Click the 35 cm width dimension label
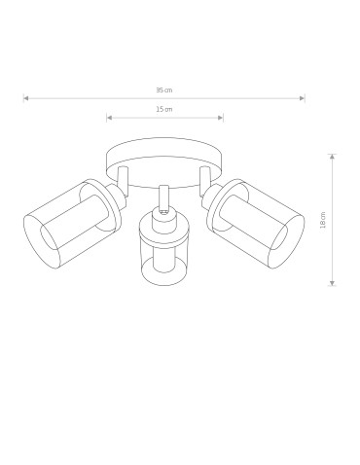pos(163,89)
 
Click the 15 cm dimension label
pos(163,109)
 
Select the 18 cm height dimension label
pos(323,220)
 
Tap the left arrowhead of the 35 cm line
pos(26,97)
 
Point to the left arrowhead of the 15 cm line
pos(109,118)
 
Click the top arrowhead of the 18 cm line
pos(332,155)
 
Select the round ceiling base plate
pos(163,156)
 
